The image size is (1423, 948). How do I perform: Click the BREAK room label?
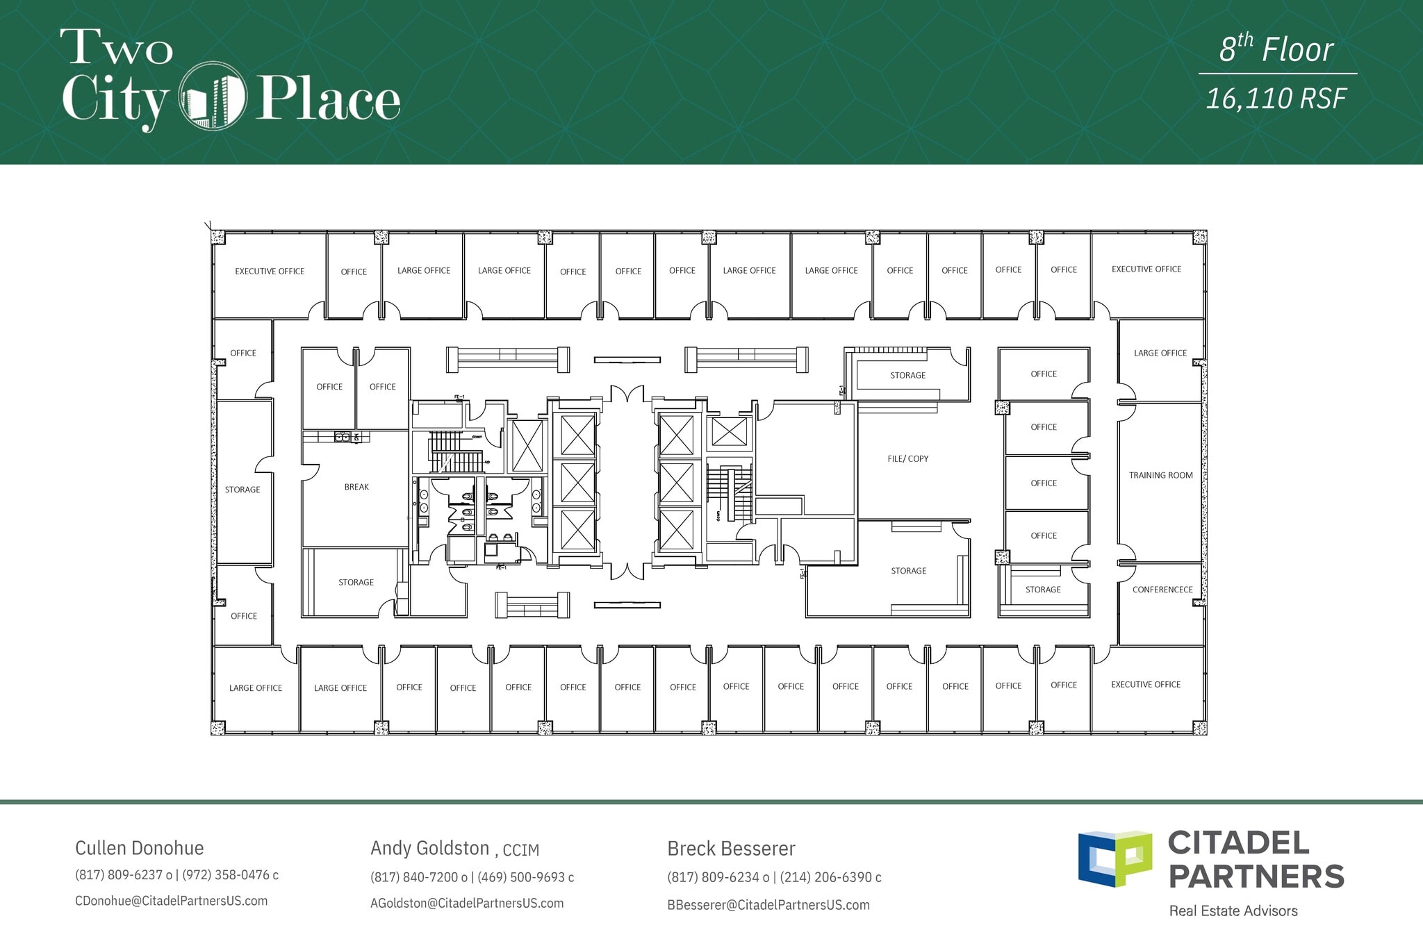tap(356, 487)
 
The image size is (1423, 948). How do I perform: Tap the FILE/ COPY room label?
tap(907, 458)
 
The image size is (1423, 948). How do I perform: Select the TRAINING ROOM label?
tap(1160, 475)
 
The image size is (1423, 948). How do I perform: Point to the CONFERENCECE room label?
tap(1162, 590)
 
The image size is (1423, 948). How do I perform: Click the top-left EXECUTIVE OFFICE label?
tap(270, 271)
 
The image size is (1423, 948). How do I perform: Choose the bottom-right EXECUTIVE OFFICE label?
tap(1145, 684)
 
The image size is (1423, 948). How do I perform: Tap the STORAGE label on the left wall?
tap(242, 490)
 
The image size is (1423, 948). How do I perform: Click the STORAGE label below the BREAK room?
tap(356, 582)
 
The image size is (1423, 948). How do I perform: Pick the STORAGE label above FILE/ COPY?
tap(907, 375)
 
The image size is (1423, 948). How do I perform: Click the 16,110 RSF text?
tap(1276, 99)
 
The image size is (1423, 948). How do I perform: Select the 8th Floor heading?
tap(1276, 49)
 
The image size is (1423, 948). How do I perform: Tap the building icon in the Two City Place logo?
tap(213, 97)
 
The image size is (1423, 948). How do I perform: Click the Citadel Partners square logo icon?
tap(1114, 858)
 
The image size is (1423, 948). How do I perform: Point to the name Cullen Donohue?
tap(139, 848)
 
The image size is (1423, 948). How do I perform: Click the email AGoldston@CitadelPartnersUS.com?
tap(467, 903)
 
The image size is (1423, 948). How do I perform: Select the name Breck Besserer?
tap(731, 848)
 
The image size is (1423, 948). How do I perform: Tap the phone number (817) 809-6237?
tap(119, 875)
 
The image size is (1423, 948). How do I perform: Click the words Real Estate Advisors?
tap(1233, 910)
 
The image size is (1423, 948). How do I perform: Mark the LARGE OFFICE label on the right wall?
tap(1160, 353)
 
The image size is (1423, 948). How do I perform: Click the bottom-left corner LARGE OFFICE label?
tap(256, 688)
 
